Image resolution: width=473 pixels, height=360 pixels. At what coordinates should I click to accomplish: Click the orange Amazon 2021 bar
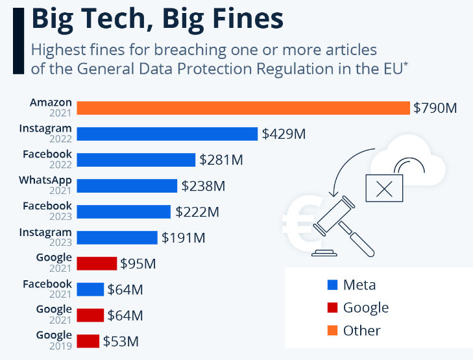243,108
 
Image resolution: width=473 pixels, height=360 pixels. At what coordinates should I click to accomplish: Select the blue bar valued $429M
167,134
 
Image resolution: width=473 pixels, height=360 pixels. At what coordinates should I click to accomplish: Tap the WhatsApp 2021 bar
127,186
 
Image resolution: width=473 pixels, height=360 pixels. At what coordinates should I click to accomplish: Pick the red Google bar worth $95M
97,263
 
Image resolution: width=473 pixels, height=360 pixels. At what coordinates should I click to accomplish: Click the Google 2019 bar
88,341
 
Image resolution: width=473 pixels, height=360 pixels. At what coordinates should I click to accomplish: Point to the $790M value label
435,108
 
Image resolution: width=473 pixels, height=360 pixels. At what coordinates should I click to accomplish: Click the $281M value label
221,160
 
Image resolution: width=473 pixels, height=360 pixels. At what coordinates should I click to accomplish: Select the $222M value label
197,211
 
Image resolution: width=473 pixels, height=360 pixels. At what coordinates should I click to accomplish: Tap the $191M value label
184,237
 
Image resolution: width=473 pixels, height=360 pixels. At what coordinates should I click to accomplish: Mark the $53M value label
121,341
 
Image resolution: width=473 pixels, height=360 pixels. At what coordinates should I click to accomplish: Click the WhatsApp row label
45,180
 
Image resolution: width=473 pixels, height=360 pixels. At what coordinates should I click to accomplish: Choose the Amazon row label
51,102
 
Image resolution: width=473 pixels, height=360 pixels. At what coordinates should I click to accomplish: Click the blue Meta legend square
334,284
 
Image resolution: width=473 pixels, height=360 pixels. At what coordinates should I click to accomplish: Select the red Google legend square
334,307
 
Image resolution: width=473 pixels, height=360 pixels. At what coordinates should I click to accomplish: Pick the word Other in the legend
361,330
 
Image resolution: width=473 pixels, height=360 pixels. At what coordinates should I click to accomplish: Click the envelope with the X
385,188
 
